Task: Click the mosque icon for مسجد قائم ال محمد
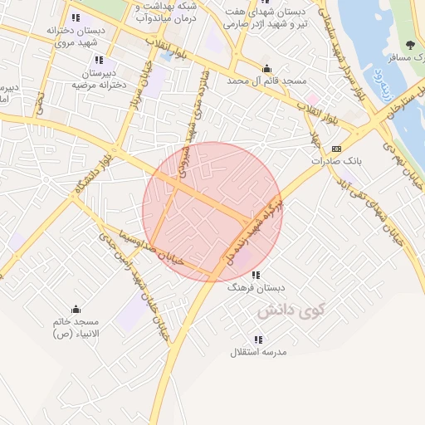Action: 266,69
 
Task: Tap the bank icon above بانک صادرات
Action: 335,148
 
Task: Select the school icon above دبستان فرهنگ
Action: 256,275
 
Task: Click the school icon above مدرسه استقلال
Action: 258,340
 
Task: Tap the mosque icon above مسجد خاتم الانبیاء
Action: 76,309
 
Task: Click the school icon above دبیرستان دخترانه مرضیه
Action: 100,60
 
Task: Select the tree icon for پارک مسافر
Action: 410,44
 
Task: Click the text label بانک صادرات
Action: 335,161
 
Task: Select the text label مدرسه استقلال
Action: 258,352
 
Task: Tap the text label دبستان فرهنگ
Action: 256,288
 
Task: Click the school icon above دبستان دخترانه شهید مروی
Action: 76,17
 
